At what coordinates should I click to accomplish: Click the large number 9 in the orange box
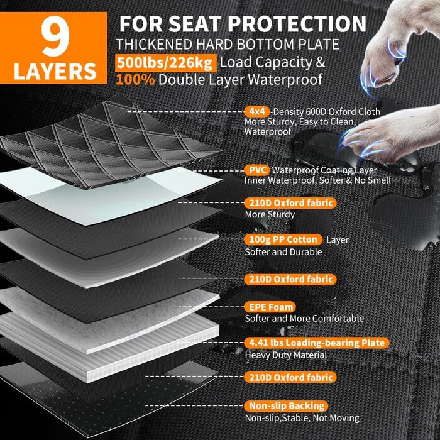pos(55,36)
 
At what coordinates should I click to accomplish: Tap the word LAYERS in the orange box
pos(55,71)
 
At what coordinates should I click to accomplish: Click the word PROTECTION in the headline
pos(297,24)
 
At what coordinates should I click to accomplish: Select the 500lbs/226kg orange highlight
pos(165,63)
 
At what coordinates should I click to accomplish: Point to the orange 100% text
pos(135,80)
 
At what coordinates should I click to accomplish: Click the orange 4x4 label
pos(257,112)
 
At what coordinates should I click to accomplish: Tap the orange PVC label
pos(257,170)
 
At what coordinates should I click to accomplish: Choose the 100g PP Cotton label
pos(283,239)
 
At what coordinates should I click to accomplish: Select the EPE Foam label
pos(270,307)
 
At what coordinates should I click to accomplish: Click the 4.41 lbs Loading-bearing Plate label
pos(317,343)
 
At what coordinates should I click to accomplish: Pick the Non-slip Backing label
pos(287,406)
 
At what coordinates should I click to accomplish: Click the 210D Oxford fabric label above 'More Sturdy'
pos(290,203)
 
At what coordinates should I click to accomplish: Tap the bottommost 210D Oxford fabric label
pos(290,377)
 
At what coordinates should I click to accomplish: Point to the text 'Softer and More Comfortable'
pos(304,319)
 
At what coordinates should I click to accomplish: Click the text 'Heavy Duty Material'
pos(286,355)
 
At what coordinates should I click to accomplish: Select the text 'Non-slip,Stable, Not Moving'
pos(302,418)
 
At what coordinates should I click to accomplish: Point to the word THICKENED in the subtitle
pos(154,45)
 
